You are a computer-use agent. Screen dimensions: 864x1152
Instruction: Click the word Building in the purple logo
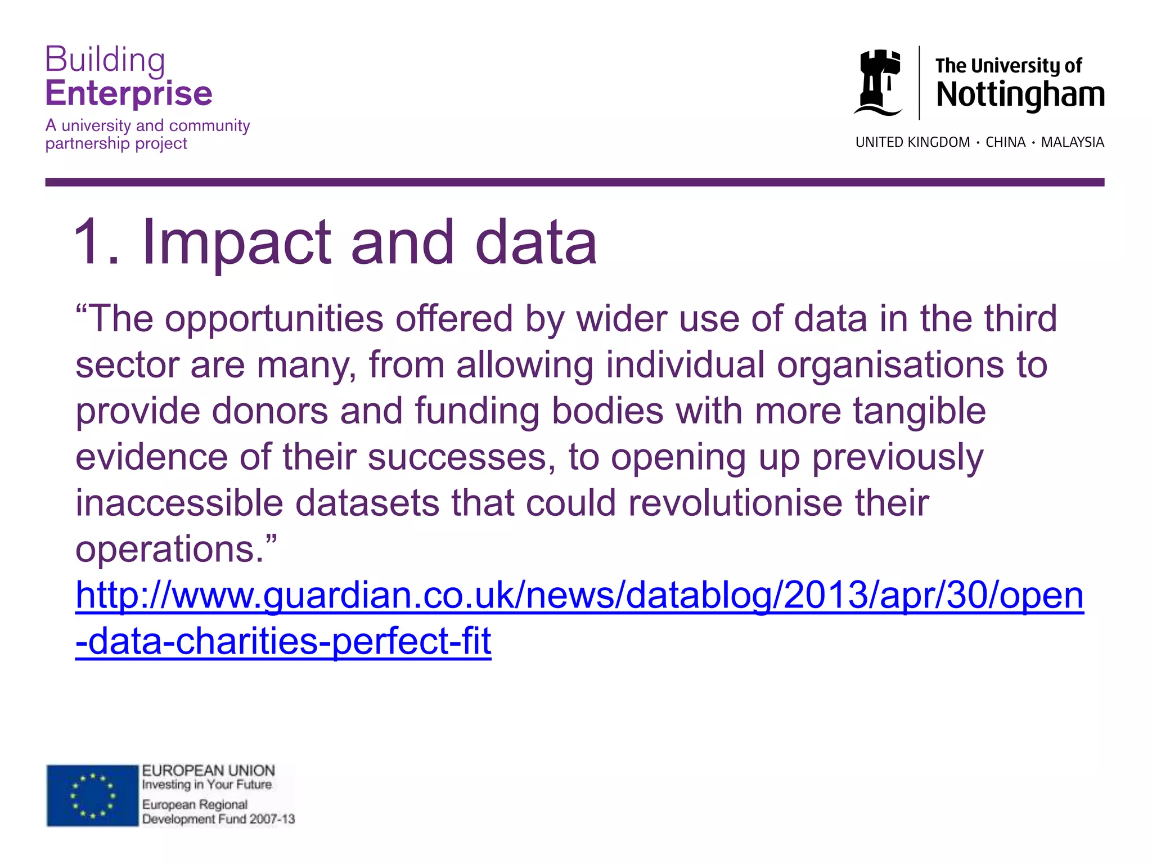pyautogui.click(x=105, y=60)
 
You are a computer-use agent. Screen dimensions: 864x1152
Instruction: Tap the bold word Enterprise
pyautogui.click(x=129, y=93)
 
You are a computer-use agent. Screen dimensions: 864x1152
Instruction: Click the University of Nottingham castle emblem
pyautogui.click(x=878, y=83)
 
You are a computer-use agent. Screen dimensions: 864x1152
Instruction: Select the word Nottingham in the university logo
pyautogui.click(x=1020, y=94)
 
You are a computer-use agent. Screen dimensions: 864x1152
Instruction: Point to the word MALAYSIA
pyautogui.click(x=1072, y=142)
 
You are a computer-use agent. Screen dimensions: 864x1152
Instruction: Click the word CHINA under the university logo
pyautogui.click(x=1006, y=142)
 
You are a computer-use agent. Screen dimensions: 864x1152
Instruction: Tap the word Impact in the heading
pyautogui.click(x=237, y=242)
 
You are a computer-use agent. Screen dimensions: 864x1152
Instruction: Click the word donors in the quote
pyautogui.click(x=269, y=411)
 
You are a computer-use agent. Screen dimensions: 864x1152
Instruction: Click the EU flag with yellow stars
pyautogui.click(x=92, y=795)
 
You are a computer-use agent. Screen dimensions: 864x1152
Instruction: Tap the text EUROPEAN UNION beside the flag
pyautogui.click(x=208, y=771)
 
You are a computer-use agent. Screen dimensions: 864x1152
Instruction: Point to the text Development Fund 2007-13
pyautogui.click(x=218, y=819)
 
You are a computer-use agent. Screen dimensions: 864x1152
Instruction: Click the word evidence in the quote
pyautogui.click(x=151, y=457)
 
